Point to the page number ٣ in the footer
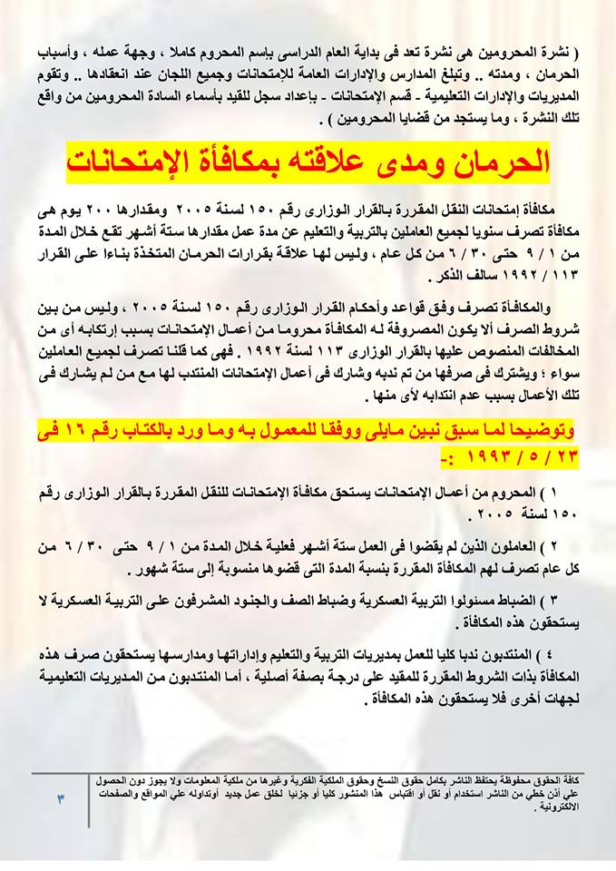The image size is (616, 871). coord(61,798)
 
